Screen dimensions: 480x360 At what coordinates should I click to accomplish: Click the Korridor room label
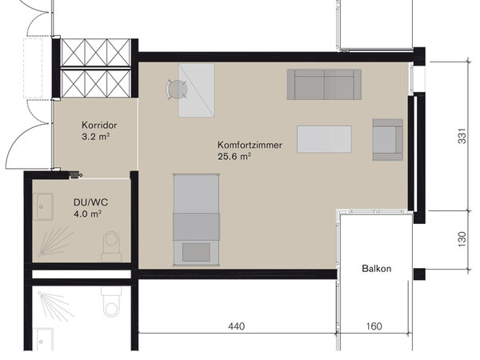tap(99, 126)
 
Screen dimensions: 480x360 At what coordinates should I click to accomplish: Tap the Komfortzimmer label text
tap(250, 145)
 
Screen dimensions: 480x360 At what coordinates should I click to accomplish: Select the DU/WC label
tap(90, 202)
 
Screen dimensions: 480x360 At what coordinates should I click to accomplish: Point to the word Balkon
tap(377, 269)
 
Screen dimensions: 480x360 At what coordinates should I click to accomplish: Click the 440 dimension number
tap(236, 326)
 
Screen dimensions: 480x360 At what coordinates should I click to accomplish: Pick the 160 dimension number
tap(374, 326)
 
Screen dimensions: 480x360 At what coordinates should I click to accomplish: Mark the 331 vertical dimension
tap(462, 136)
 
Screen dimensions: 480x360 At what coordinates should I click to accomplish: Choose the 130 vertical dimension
tap(462, 239)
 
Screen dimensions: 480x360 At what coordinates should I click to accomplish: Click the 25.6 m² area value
tap(234, 157)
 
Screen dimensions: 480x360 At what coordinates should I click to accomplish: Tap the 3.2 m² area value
tap(95, 137)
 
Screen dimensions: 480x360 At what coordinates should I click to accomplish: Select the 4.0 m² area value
tap(87, 214)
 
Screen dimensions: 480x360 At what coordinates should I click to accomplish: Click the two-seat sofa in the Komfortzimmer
tap(324, 85)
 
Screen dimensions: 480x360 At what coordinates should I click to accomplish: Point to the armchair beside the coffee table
tap(387, 139)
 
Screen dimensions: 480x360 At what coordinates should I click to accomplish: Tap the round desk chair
tap(177, 89)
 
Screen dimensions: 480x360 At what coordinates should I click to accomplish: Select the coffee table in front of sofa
tap(324, 139)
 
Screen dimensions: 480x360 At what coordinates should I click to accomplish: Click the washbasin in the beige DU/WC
tap(43, 206)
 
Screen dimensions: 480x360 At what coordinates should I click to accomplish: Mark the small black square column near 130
tap(419, 274)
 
